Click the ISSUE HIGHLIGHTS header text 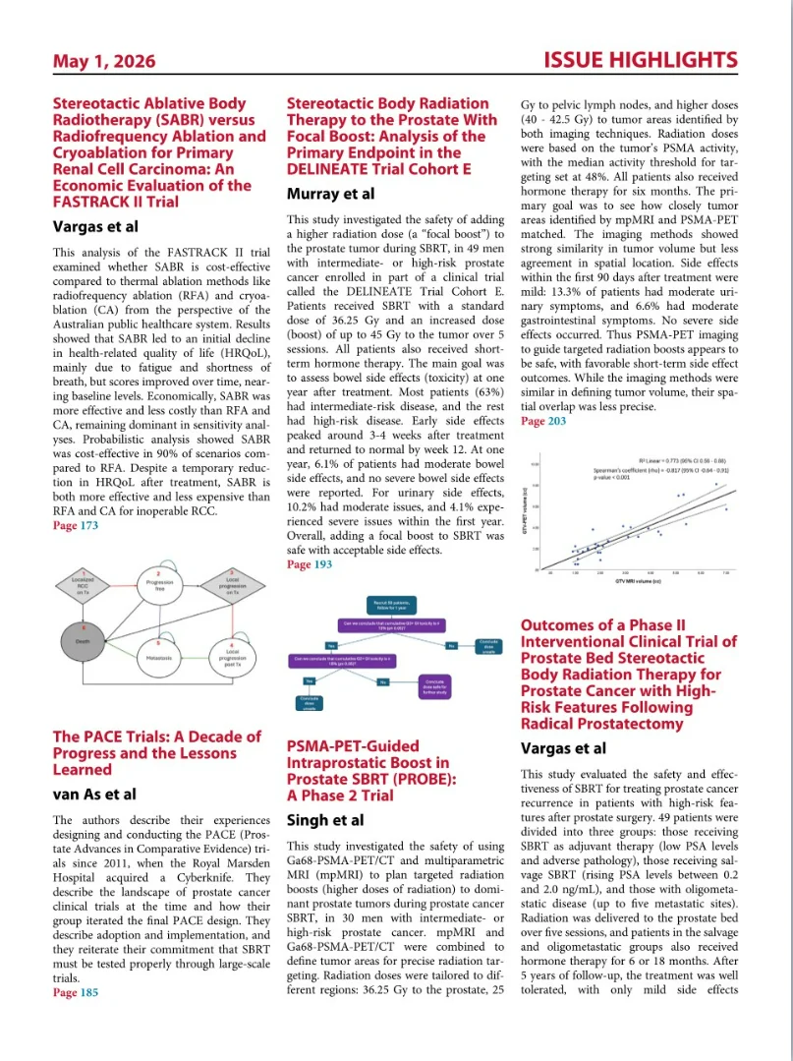pos(640,61)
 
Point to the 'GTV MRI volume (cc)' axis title pos(635,582)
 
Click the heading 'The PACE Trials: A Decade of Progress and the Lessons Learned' pos(156,752)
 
